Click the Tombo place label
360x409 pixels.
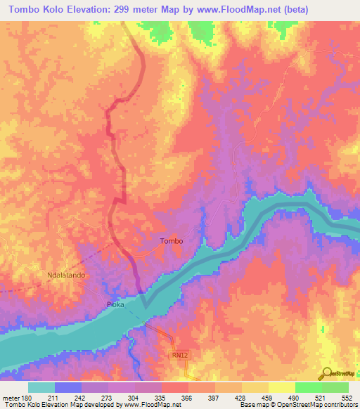coord(172,241)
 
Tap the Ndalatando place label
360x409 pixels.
coord(66,275)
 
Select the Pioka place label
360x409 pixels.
coord(115,304)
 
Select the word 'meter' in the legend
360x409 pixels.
coord(12,398)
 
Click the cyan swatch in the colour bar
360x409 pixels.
coord(41,387)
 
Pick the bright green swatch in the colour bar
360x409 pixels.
coord(309,387)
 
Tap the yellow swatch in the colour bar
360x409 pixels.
coord(255,387)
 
